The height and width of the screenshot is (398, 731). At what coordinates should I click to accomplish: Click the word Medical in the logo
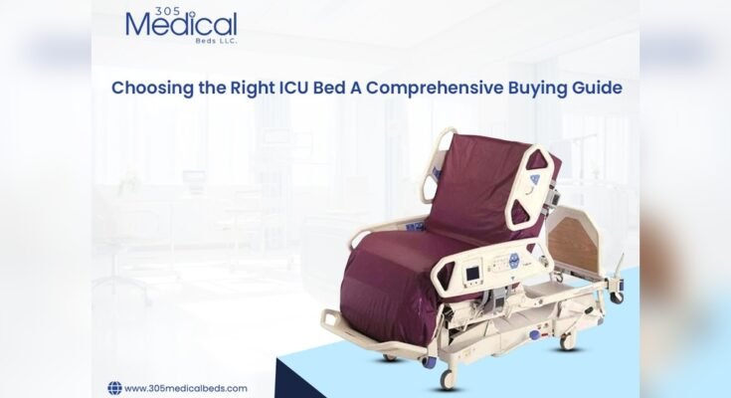(x=182, y=25)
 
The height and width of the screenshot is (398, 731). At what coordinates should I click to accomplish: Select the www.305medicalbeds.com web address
(x=187, y=388)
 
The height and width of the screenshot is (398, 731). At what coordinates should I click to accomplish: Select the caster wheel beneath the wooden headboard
(x=618, y=296)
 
